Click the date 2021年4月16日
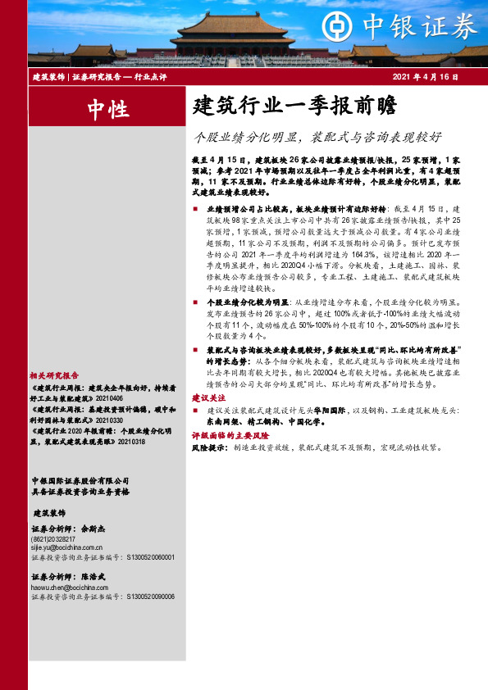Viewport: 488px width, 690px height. [x=425, y=76]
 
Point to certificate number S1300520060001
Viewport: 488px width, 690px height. [x=150, y=557]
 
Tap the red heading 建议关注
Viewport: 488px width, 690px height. [x=208, y=397]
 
